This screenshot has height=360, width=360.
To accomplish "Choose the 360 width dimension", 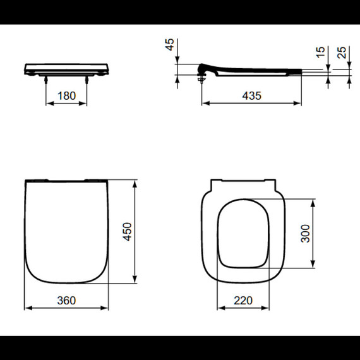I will coord(66,300).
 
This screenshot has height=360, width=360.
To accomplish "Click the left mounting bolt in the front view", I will coord(47,78).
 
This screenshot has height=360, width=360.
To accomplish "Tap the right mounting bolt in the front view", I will coord(86,78).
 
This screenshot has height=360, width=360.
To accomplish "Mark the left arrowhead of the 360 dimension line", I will coord(27,308).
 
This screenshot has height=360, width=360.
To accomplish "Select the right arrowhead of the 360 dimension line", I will coord(105,308).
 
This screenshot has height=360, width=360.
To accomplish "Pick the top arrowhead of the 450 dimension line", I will coord(135,184).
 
